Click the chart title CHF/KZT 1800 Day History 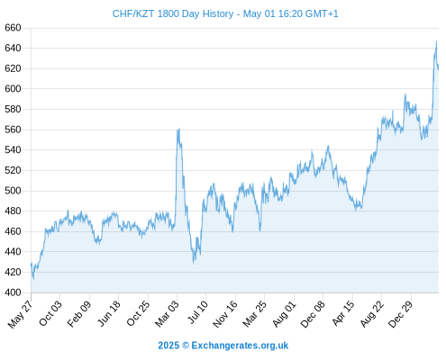coord(173,13)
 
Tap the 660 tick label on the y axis coord(13,28)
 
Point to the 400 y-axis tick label coord(13,292)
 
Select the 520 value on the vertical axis coord(13,170)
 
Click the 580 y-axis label coord(13,109)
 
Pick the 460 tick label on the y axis coord(13,231)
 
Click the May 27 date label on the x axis coord(21,314)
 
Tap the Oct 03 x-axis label coord(50,313)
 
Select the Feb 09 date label coord(79,313)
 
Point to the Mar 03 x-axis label coord(167,313)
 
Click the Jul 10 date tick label coord(198,312)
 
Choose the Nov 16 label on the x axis coord(225,314)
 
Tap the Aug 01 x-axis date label coord(285,313)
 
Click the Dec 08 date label coord(313,314)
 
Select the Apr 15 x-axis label coord(343,313)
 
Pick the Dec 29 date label coord(401,314)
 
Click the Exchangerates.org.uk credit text coord(240,346)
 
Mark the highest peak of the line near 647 coord(436,41)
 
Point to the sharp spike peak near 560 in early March coord(179,129)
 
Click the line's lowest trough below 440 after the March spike coord(194,264)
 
